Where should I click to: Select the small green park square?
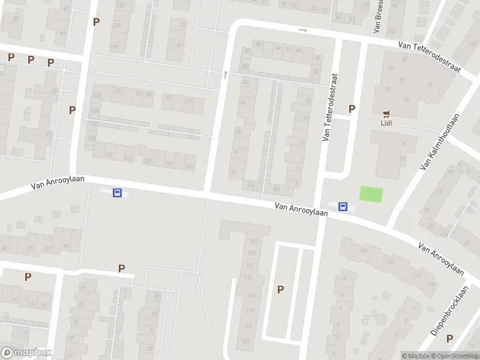click(x=371, y=194)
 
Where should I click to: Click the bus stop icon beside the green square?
click(x=343, y=207)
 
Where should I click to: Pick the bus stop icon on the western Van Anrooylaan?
click(x=118, y=193)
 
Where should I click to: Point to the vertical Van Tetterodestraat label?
click(x=330, y=108)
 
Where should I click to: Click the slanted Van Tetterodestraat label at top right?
click(x=430, y=56)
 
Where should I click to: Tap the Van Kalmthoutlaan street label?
click(x=440, y=142)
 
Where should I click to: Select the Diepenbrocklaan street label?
click(x=449, y=310)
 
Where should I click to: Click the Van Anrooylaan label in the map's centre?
click(x=302, y=208)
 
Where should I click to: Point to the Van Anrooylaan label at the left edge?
click(x=58, y=183)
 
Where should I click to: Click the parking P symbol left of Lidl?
click(x=352, y=109)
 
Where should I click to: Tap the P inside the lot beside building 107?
click(x=280, y=289)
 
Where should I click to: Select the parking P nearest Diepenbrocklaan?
click(x=449, y=339)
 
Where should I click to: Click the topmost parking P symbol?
click(x=96, y=22)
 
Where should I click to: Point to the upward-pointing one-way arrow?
click(x=226, y=74)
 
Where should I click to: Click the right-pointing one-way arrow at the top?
click(x=303, y=30)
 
